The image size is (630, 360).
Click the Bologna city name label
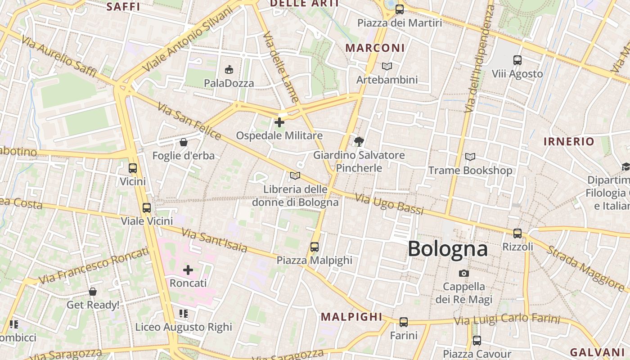click(447, 249)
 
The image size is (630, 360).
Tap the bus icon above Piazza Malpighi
click(314, 247)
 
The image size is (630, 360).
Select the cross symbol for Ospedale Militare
click(279, 122)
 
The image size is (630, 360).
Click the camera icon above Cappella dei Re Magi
click(463, 273)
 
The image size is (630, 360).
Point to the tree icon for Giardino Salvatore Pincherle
click(359, 142)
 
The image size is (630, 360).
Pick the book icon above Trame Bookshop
click(470, 157)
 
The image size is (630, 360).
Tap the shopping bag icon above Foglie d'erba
click(184, 143)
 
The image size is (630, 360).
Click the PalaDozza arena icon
click(229, 69)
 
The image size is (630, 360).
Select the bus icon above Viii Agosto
click(517, 60)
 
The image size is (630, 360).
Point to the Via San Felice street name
click(189, 121)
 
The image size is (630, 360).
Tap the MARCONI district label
click(375, 48)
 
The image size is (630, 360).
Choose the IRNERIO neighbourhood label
click(569, 141)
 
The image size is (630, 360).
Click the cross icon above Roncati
click(188, 270)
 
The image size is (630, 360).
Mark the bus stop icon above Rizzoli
click(517, 233)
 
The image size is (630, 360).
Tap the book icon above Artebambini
click(387, 67)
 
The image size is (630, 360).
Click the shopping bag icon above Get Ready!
click(93, 292)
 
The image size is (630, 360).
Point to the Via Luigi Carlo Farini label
click(507, 319)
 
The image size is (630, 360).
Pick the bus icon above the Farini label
click(404, 322)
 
